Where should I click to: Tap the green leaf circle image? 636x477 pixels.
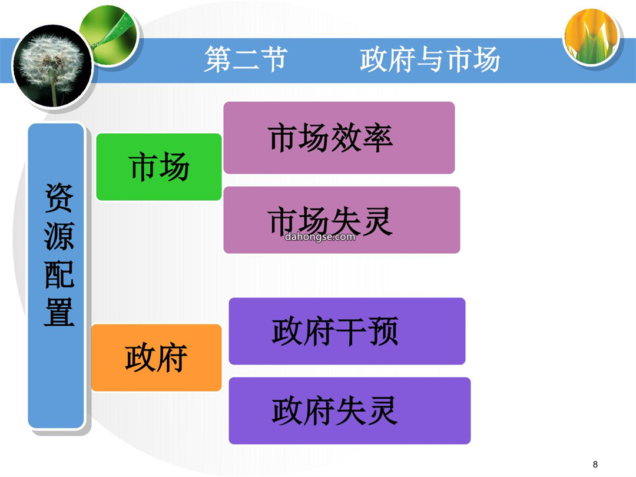click(x=109, y=36)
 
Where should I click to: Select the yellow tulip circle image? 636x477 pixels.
click(x=592, y=37)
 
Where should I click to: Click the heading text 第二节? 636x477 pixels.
click(x=246, y=59)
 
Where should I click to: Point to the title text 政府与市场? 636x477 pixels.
click(x=429, y=59)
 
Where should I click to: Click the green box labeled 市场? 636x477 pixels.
click(x=159, y=167)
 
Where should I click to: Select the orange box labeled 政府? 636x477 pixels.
click(x=157, y=357)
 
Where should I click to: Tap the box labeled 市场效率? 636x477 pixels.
click(x=339, y=138)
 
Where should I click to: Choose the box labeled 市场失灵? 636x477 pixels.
click(x=342, y=220)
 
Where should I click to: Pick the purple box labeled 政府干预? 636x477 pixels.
click(x=347, y=331)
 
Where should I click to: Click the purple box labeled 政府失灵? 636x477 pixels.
click(x=350, y=410)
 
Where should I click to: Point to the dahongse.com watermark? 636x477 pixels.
click(x=320, y=237)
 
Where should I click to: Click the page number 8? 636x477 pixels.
click(x=595, y=464)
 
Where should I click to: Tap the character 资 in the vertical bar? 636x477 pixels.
click(x=59, y=197)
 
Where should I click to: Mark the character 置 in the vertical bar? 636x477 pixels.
click(x=59, y=312)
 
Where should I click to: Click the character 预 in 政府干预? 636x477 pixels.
click(x=383, y=332)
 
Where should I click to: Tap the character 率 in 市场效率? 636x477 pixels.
click(x=377, y=138)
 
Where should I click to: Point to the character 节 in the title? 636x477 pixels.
click(x=274, y=59)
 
